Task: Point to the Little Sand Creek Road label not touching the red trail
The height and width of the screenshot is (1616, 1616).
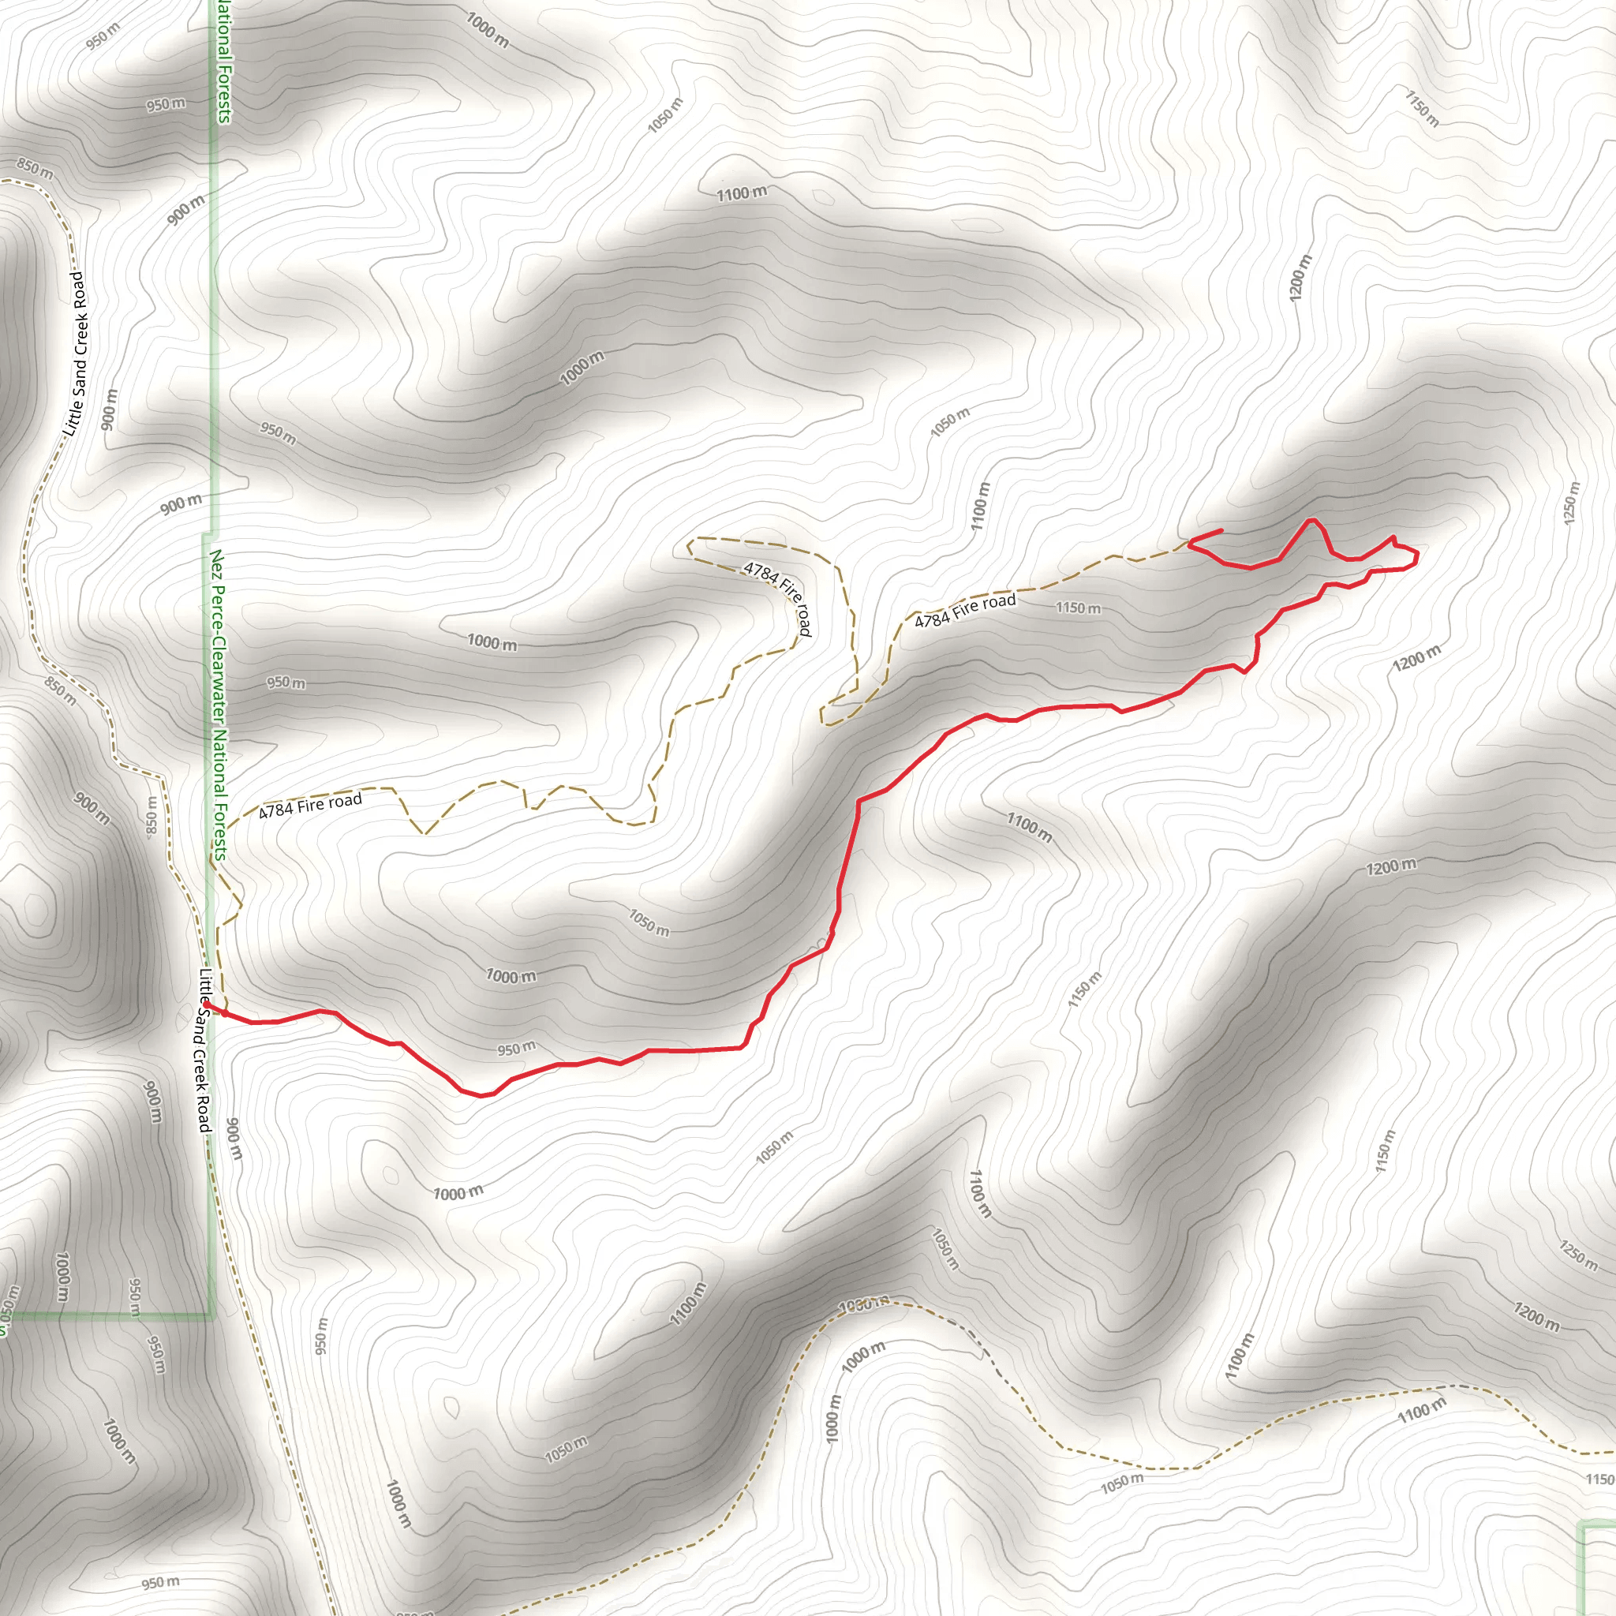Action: (75, 353)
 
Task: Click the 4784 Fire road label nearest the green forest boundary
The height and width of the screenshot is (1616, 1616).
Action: (310, 806)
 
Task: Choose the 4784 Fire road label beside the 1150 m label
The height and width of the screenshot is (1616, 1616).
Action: (964, 611)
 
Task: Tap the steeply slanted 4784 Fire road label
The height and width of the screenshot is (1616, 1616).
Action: (778, 597)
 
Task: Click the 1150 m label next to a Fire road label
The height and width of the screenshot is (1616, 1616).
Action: (1078, 608)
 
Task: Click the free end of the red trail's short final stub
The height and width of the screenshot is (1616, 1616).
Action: (1221, 529)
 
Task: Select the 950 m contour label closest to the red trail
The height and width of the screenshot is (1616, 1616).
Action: (516, 1048)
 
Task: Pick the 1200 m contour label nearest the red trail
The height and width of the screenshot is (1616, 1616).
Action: (1417, 658)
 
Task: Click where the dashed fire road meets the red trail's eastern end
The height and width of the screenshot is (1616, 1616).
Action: (1189, 542)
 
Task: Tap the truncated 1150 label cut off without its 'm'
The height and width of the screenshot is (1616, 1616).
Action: (1600, 1479)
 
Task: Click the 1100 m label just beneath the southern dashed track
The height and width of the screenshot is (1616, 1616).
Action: (1421, 1410)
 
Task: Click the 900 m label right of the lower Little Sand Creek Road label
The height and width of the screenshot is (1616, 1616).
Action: (234, 1139)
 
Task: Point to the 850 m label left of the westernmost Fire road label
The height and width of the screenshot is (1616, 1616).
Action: (151, 814)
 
